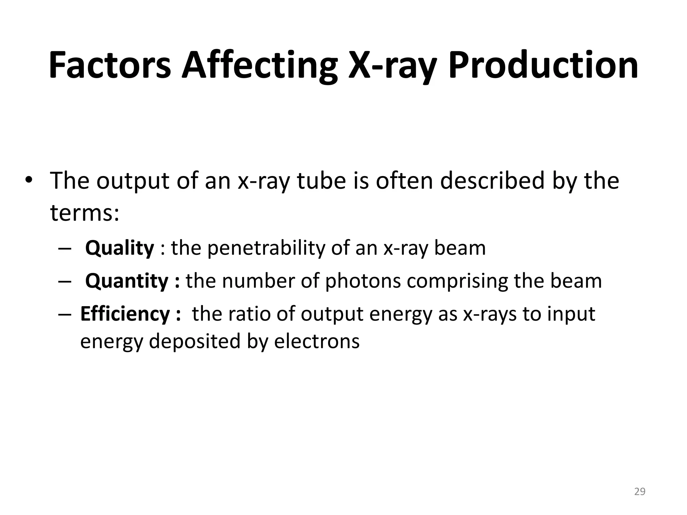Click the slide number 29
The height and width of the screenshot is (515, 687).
(x=640, y=492)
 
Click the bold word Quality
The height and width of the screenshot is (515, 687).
(x=119, y=248)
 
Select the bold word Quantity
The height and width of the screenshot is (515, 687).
(x=126, y=281)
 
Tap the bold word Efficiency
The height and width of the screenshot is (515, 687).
(x=125, y=314)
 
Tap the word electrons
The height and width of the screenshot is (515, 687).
(x=317, y=341)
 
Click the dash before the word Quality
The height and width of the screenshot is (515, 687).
(x=64, y=249)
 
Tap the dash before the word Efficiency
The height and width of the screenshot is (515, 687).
(x=64, y=314)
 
